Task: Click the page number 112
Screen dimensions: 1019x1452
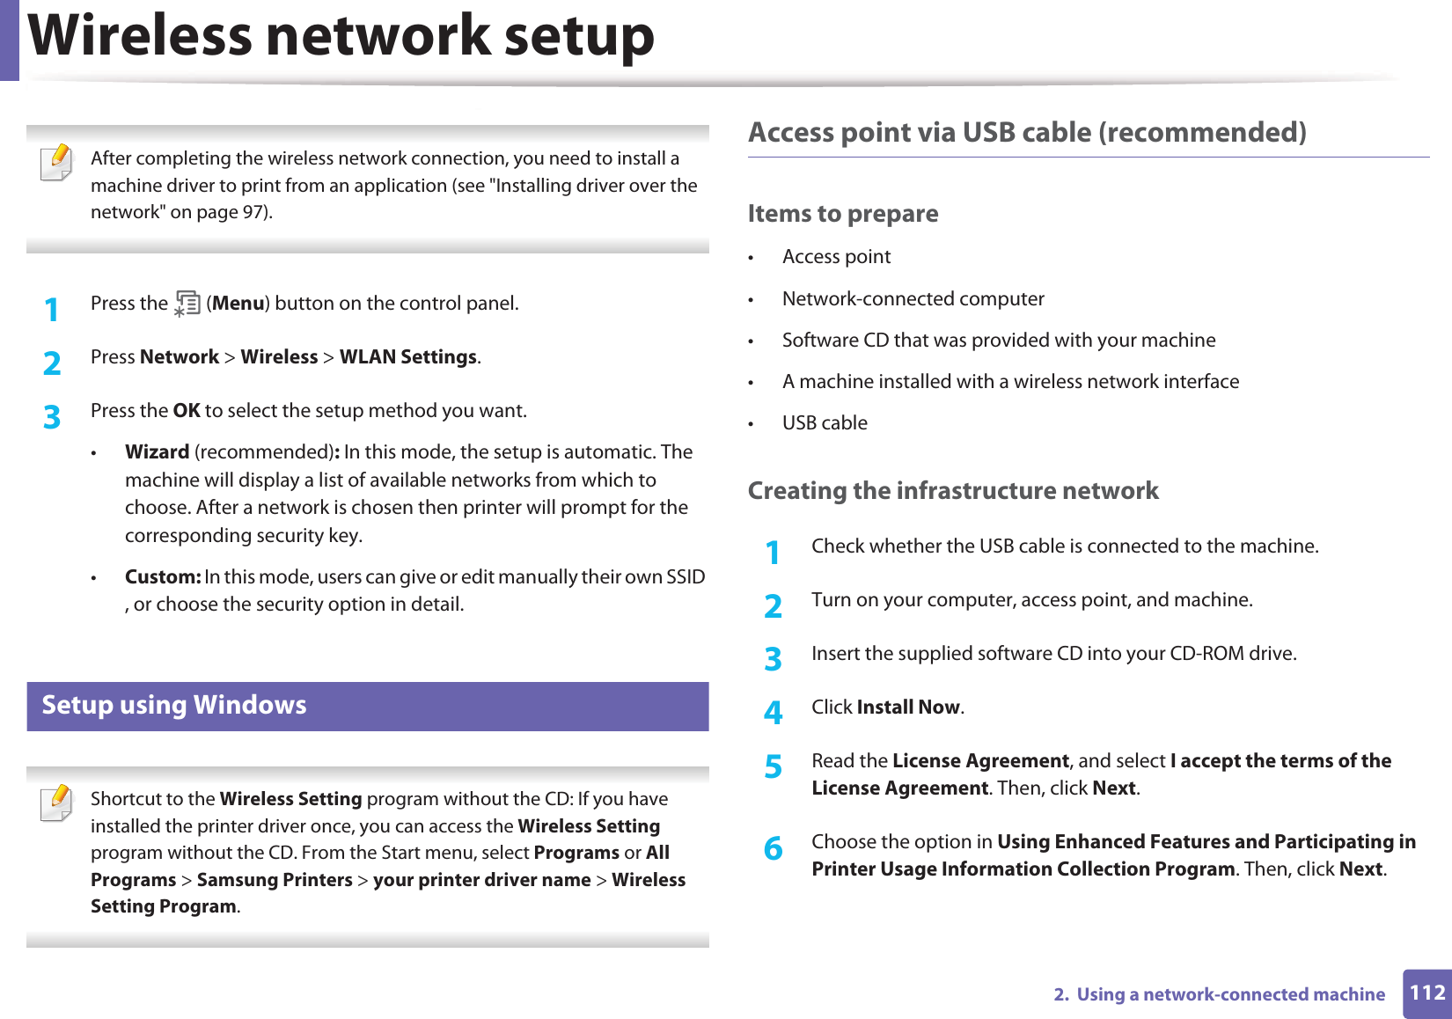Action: pyautogui.click(x=1426, y=993)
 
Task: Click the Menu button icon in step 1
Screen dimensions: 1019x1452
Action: pyautogui.click(x=187, y=304)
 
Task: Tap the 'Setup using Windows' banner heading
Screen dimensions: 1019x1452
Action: pyautogui.click(x=174, y=706)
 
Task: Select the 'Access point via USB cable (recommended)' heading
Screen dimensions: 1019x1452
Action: pyautogui.click(x=1027, y=133)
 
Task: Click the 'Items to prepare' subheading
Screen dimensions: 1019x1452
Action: pyautogui.click(x=842, y=214)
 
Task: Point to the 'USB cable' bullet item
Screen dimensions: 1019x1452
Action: pyautogui.click(x=825, y=423)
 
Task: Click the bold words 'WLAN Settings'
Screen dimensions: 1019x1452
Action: pyautogui.click(x=408, y=357)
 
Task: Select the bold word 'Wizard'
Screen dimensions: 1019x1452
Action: pyautogui.click(x=157, y=452)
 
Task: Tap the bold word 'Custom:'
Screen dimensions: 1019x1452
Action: pyautogui.click(x=163, y=577)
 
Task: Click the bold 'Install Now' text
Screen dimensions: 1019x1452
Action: pyautogui.click(x=908, y=707)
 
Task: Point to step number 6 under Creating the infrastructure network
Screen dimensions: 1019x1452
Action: pyautogui.click(x=773, y=849)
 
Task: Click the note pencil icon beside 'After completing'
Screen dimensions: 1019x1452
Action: pyautogui.click(x=57, y=163)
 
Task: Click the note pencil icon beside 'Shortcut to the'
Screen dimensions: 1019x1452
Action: pyautogui.click(x=57, y=803)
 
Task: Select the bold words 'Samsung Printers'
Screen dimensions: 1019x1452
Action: pyautogui.click(x=275, y=880)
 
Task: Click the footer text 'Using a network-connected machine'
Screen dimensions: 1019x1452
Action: pyautogui.click(x=1230, y=994)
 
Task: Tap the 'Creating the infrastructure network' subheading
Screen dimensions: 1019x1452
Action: pyautogui.click(x=953, y=491)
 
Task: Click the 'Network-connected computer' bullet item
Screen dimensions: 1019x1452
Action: pyautogui.click(x=913, y=299)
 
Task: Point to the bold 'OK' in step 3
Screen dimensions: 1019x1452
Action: pyautogui.click(x=187, y=411)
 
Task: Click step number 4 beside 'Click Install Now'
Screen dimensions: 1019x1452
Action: pyautogui.click(x=773, y=712)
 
